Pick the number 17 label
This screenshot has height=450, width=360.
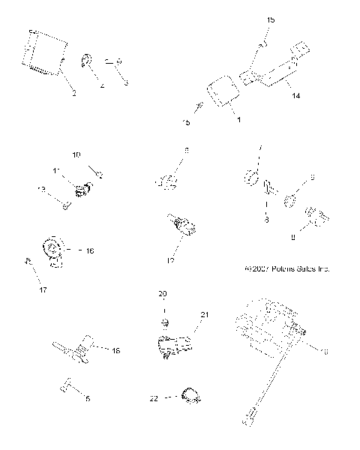43,289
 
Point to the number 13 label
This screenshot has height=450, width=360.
42,189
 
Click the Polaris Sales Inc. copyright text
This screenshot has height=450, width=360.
287,268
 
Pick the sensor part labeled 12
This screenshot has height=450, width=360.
181,226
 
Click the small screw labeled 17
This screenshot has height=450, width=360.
28,261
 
